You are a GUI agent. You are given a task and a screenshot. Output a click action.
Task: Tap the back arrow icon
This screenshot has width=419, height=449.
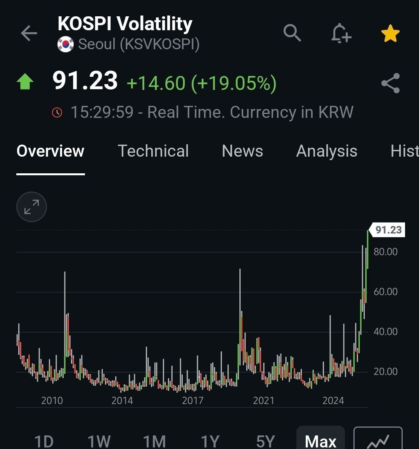click(29, 33)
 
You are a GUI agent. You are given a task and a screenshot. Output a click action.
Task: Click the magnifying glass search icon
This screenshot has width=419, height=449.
click(292, 33)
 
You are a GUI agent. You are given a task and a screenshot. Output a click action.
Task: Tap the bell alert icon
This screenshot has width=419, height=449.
click(341, 33)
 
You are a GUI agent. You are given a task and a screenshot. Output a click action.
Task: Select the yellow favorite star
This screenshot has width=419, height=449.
click(390, 33)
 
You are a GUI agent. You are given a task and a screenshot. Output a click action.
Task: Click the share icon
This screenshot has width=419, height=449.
click(390, 83)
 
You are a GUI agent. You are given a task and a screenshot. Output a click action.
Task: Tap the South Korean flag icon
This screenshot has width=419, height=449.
click(65, 44)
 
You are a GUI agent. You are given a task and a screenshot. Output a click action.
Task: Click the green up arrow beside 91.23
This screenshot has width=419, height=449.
click(25, 81)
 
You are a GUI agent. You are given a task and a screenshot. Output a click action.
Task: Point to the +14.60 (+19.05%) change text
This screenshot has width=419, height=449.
click(201, 83)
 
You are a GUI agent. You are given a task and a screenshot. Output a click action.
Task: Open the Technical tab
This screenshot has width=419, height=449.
click(153, 150)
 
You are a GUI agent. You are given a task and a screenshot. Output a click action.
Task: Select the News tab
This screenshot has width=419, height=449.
click(242, 150)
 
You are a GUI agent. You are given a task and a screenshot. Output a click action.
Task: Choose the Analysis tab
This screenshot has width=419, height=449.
click(327, 151)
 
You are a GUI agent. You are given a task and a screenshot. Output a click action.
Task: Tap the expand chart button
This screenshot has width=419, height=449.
click(31, 207)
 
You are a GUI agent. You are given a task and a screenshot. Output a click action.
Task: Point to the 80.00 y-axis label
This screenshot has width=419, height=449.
click(386, 252)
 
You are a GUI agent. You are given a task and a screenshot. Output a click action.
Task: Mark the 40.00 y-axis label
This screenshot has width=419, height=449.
click(386, 332)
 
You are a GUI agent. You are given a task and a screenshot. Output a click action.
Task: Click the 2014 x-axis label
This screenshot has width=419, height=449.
click(122, 400)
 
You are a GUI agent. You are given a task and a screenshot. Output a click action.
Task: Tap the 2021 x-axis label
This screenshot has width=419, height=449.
click(263, 400)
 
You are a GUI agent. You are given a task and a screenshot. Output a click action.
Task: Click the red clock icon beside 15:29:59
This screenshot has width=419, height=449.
click(57, 112)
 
